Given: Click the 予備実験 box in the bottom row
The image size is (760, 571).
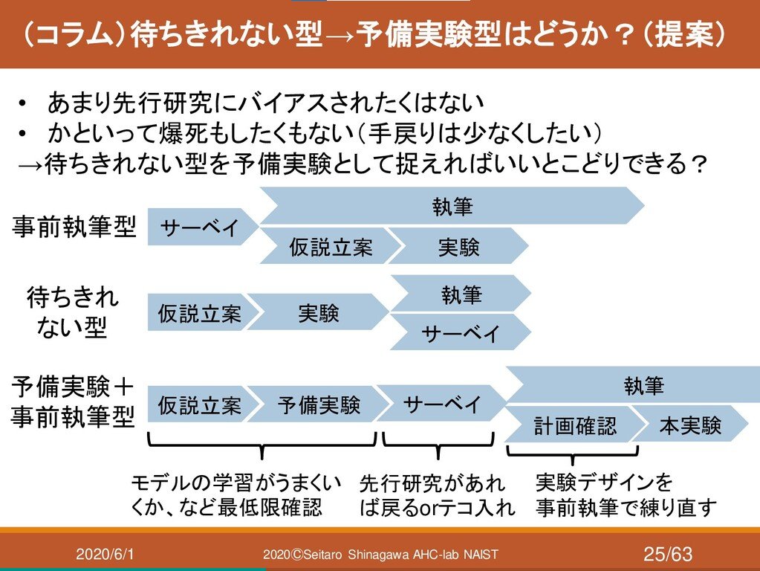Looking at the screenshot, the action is [318, 405].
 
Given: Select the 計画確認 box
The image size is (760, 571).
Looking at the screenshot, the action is [574, 426].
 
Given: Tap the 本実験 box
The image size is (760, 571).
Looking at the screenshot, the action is [690, 425].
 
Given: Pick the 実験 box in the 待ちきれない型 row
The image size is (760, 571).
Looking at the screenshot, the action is [318, 314].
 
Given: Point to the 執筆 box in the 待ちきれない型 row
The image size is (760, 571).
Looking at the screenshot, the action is [461, 295].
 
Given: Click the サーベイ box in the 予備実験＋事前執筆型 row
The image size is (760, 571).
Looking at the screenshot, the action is [441, 404].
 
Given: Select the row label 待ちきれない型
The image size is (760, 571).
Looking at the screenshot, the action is [72, 313].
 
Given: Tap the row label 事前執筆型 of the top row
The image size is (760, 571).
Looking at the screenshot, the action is [74, 228].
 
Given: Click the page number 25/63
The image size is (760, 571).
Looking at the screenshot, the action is [667, 554].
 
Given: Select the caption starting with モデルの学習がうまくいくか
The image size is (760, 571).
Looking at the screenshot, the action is [236, 496].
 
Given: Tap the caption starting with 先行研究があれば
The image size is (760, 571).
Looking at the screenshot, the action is [437, 497].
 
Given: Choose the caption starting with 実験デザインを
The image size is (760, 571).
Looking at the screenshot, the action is [626, 496].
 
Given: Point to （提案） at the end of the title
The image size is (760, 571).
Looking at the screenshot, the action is [684, 35].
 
